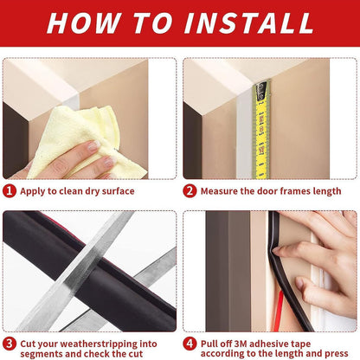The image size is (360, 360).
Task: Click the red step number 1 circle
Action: coord(10,190)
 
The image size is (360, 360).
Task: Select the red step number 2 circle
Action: coord(190,190)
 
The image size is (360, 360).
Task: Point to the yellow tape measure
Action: coord(260,125)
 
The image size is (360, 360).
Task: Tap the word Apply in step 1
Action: coord(34,190)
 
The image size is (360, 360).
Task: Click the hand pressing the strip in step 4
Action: coord(320,260)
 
